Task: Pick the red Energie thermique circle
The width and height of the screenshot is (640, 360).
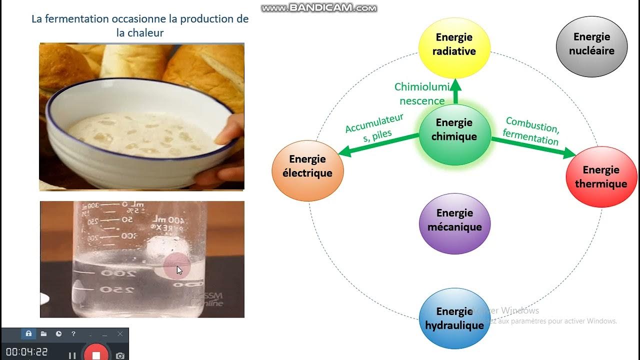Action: (601, 177)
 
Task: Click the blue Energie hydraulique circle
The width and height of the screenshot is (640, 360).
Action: (454, 318)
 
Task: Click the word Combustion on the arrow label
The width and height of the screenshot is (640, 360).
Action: (532, 124)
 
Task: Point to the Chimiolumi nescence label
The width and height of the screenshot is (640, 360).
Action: (422, 94)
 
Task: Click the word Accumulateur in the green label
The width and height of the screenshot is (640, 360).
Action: (374, 123)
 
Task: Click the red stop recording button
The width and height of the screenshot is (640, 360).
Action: (96, 354)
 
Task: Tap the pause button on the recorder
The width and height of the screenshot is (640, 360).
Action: (72, 355)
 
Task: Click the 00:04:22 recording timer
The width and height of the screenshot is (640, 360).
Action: (27, 352)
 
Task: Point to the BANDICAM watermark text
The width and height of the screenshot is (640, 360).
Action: (319, 8)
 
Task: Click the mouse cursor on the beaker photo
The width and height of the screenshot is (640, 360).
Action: (179, 270)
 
